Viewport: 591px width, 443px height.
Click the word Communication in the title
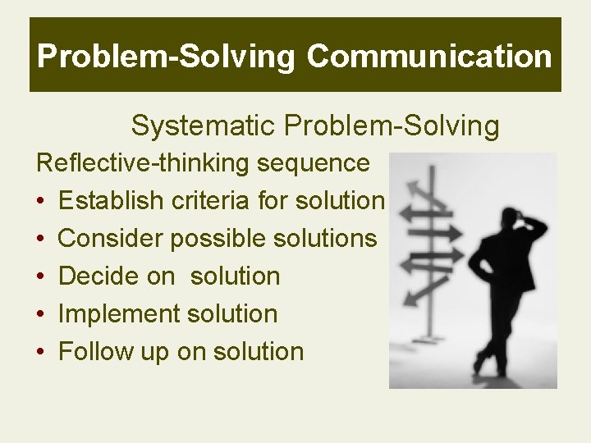click(429, 57)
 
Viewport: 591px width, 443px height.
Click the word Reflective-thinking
click(144, 163)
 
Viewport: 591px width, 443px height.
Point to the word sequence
click(313, 163)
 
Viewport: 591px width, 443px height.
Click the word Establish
click(112, 201)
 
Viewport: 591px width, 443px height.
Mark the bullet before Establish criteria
click(41, 202)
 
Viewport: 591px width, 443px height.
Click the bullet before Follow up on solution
click(41, 353)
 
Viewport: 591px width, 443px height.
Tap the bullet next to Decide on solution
click(41, 277)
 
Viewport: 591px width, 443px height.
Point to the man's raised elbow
click(540, 228)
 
